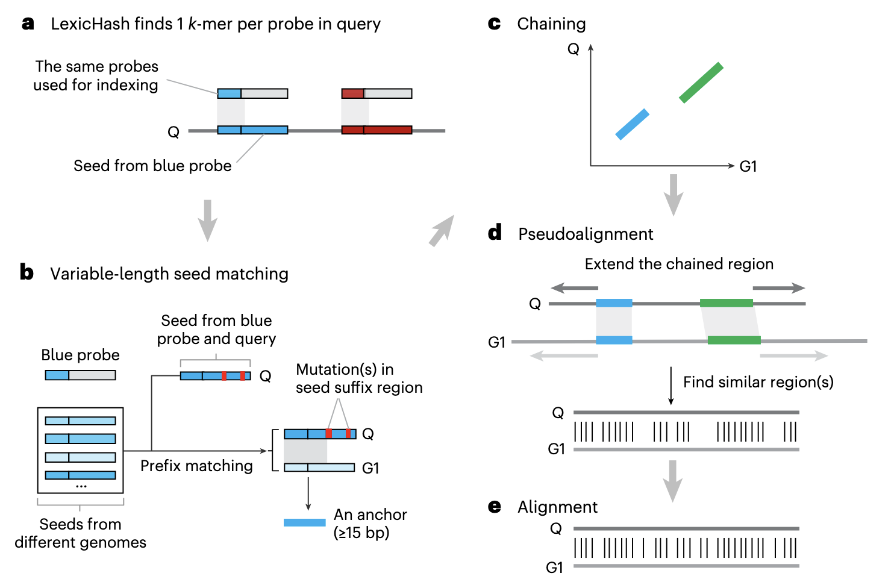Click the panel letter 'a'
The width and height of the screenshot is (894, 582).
28,24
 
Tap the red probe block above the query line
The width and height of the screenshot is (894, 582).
353,93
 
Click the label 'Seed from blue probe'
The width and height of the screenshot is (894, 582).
152,166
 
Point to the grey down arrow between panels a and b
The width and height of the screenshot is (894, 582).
207,220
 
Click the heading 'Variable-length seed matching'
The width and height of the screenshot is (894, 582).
169,274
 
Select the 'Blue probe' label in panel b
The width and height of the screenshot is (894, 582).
80,355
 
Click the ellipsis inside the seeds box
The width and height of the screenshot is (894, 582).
81,486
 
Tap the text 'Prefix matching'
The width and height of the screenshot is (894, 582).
196,466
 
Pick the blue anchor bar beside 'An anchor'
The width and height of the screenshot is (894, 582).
305,522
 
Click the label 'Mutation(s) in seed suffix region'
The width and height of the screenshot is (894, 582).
359,378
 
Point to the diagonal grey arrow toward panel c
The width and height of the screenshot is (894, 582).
442,231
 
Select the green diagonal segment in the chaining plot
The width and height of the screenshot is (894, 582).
701,83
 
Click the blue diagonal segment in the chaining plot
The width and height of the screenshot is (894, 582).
633,124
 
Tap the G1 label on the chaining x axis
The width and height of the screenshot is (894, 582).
748,166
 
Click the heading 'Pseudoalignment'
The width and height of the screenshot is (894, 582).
586,234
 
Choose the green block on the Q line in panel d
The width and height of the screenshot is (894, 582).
727,303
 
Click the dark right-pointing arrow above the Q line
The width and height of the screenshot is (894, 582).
778,288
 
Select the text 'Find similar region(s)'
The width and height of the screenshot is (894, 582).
758,382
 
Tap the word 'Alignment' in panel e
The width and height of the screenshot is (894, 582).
557,507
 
